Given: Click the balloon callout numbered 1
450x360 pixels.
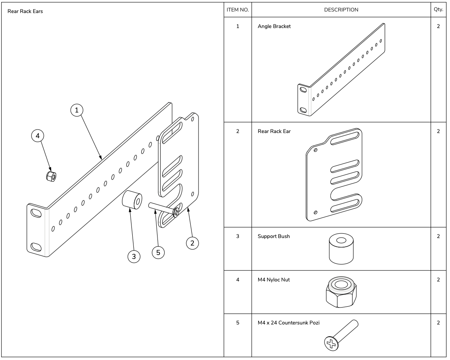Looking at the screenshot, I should (x=78, y=110).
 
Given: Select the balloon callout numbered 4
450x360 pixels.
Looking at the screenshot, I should (x=38, y=136).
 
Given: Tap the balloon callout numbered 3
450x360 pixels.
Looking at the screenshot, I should (x=134, y=257).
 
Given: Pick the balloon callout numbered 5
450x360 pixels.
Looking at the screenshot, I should (x=158, y=253).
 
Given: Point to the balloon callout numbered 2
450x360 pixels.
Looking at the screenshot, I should (x=192, y=243).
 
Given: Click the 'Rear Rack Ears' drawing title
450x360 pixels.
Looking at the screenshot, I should (x=25, y=11).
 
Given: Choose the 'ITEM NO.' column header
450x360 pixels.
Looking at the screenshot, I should (x=238, y=10).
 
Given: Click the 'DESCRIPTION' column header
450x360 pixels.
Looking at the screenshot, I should (x=341, y=10).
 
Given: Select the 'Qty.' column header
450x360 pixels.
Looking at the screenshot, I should (x=438, y=10).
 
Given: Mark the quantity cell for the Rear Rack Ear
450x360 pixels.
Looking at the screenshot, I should (x=438, y=131).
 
